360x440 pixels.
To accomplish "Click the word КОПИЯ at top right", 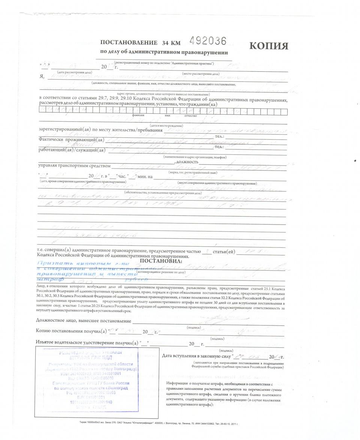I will (x=269, y=46).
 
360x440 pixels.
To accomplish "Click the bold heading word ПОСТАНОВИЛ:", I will (x=160, y=261).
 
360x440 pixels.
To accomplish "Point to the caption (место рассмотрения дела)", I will (x=201, y=74).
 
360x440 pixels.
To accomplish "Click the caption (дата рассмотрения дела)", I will (x=74, y=72).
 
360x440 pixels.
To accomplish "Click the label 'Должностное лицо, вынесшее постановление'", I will (x=84, y=321).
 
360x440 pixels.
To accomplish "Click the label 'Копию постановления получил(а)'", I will (x=72, y=331).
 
